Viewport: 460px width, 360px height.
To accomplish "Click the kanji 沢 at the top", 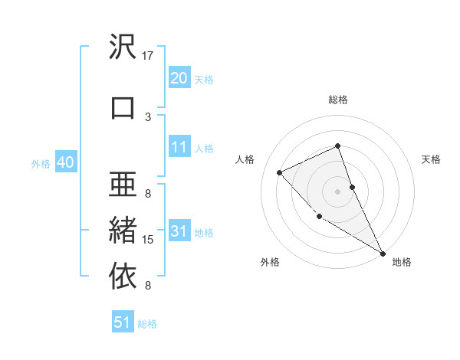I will (x=123, y=47).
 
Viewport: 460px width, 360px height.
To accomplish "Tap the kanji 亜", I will (x=123, y=185).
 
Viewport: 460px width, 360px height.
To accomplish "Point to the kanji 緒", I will (x=123, y=229).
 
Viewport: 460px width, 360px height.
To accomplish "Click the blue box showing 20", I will (x=179, y=78).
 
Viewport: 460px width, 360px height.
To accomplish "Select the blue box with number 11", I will (x=179, y=147).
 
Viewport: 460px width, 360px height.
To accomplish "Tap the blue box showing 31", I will (x=179, y=231).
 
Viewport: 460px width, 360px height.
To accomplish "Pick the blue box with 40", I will (x=65, y=162).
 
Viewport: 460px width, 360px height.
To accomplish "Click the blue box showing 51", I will (x=123, y=322).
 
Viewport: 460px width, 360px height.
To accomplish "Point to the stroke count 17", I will (x=148, y=55).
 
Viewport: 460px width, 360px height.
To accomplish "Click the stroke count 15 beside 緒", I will (x=148, y=240).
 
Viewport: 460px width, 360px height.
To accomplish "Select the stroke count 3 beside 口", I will (x=148, y=116).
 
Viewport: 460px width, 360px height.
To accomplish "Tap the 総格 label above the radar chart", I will (x=338, y=100).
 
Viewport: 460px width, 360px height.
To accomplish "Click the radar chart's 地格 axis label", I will (x=402, y=263).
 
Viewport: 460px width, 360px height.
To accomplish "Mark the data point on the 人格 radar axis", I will (x=280, y=172).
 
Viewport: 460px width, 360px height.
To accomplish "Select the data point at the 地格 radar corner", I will (x=383, y=253).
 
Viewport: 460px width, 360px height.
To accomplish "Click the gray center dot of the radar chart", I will (x=338, y=191).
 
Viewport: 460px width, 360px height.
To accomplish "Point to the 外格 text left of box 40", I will (x=41, y=163).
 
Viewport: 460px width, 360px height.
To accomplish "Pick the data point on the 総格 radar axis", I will (x=338, y=146).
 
